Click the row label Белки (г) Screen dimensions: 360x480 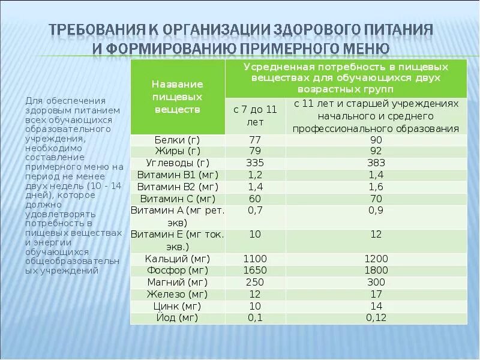click(x=177, y=139)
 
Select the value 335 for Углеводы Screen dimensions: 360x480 click(x=255, y=163)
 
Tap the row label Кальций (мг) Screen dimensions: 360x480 click(x=177, y=259)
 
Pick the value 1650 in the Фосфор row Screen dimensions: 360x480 click(x=255, y=270)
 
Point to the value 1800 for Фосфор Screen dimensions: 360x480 click(x=376, y=270)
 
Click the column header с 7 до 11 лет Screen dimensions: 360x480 click(x=255, y=115)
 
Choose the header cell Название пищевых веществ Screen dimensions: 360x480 click(x=177, y=97)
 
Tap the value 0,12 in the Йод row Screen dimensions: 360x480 click(x=376, y=318)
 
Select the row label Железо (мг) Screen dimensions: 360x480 click(x=177, y=294)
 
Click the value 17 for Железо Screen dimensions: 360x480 click(x=376, y=294)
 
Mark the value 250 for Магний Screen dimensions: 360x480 click(x=255, y=282)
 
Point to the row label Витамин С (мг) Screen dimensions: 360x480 click(x=177, y=199)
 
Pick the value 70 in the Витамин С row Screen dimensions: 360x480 click(x=376, y=199)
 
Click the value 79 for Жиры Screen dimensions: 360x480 click(x=255, y=151)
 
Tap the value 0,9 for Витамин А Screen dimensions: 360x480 click(x=376, y=211)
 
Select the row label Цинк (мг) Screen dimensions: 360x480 click(x=177, y=306)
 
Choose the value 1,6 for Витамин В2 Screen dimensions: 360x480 click(x=376, y=187)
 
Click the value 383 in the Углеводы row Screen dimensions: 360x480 click(x=376, y=163)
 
